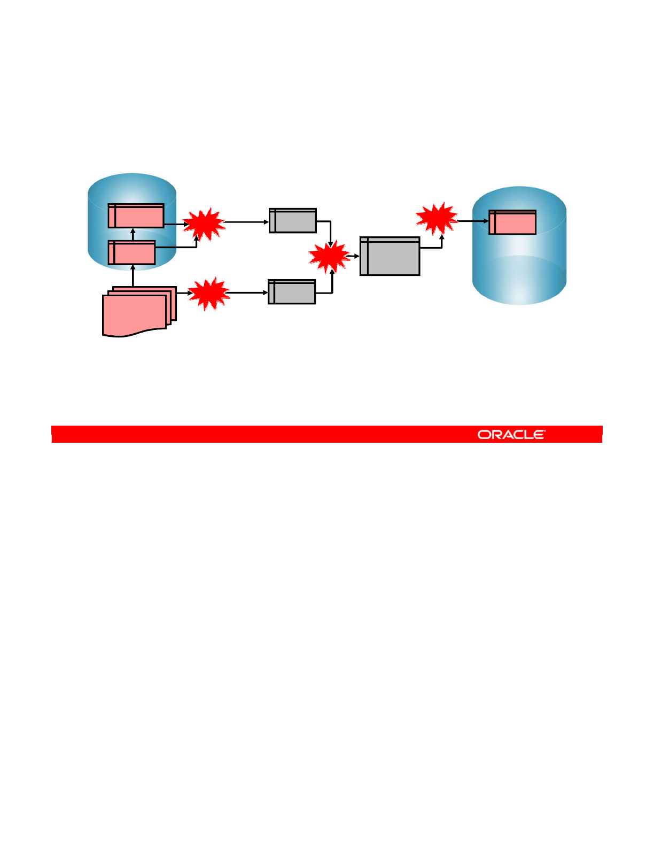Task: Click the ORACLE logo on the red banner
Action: click(x=511, y=434)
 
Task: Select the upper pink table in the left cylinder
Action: click(x=136, y=215)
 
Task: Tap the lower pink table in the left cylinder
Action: click(x=131, y=252)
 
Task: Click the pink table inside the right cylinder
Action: click(x=512, y=222)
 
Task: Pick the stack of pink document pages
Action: click(x=138, y=311)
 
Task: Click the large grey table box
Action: click(x=390, y=256)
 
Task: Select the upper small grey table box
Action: click(x=292, y=220)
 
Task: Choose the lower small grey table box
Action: click(x=291, y=291)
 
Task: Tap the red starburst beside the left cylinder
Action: click(x=204, y=224)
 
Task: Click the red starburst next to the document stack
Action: click(x=209, y=294)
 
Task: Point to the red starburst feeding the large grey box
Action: click(x=329, y=257)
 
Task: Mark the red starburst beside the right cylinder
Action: click(x=437, y=218)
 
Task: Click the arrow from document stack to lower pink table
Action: click(x=133, y=275)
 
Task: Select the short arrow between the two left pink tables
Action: click(x=133, y=234)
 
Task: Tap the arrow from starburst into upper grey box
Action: click(x=246, y=222)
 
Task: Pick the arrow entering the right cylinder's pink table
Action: click(x=473, y=221)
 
